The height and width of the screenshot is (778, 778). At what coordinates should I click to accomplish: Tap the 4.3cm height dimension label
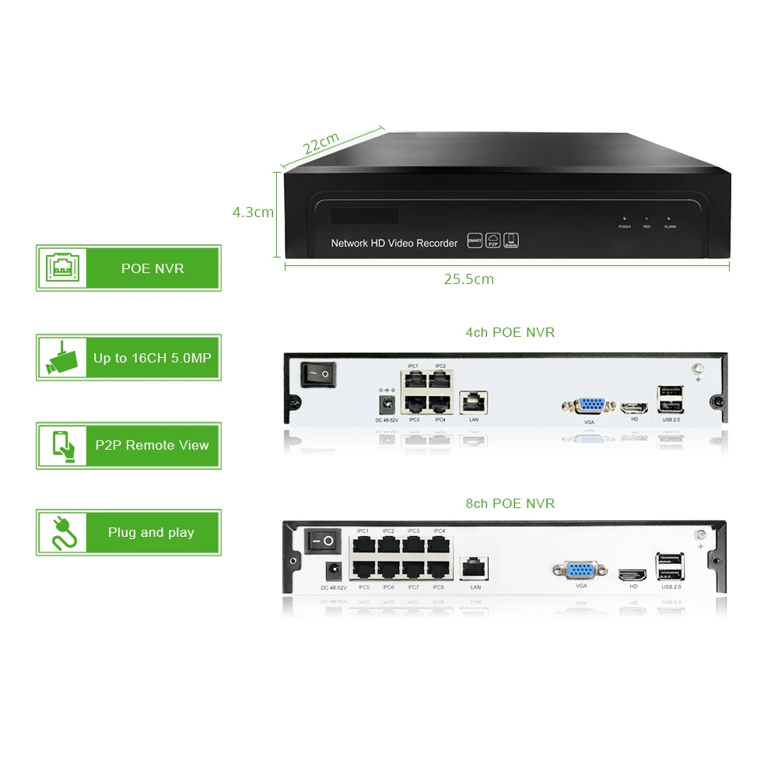tap(253, 212)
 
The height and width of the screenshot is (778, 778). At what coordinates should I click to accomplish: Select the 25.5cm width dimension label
tap(469, 279)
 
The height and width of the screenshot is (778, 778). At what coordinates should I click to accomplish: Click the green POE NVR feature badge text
tap(152, 268)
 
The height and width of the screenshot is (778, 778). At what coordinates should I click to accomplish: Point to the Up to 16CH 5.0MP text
tap(152, 358)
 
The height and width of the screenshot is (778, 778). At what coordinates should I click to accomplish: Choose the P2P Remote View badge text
tap(152, 445)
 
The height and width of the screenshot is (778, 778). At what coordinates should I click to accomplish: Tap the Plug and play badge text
tap(152, 533)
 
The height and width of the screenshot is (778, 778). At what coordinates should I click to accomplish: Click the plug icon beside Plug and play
tap(61, 532)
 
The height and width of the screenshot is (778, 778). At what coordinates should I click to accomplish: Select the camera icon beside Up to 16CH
tap(61, 358)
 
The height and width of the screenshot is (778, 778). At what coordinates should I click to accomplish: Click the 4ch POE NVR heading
tap(510, 332)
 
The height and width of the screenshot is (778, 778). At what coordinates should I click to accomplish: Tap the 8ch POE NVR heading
tap(510, 503)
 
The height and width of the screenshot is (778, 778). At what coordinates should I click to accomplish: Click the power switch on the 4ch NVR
tap(317, 375)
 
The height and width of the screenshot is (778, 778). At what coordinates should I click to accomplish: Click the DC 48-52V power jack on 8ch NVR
tap(333, 571)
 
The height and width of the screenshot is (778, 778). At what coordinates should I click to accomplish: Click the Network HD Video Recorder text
tap(394, 244)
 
